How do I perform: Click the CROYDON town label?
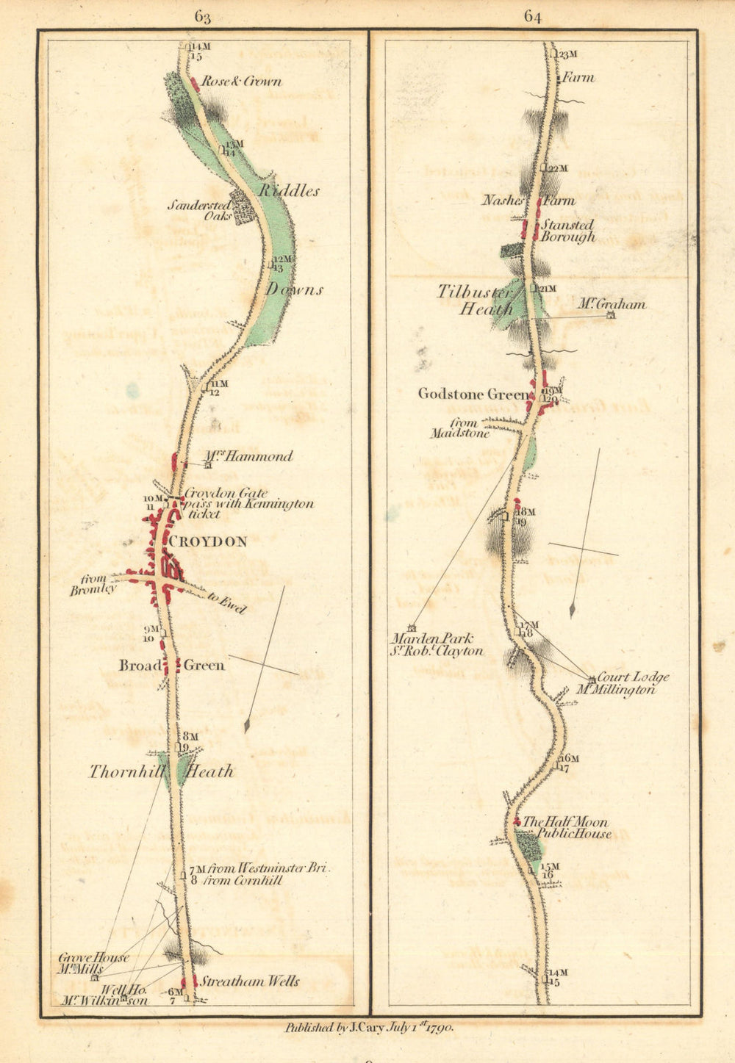[x=208, y=541]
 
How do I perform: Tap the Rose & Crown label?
[x=241, y=82]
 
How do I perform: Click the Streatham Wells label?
[x=250, y=981]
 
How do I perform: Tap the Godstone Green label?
[x=473, y=394]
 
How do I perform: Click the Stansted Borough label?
[x=567, y=231]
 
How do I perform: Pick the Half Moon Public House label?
[x=566, y=828]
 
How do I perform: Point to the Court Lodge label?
[x=633, y=677]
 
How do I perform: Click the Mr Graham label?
[x=611, y=304]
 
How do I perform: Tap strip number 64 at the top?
[x=533, y=16]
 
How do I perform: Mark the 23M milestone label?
[x=569, y=54]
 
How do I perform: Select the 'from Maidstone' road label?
[x=460, y=428]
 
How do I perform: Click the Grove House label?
[x=93, y=958]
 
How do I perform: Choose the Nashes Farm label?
[x=528, y=201]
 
